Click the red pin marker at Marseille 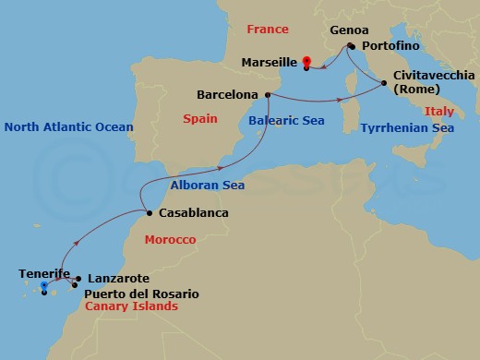[x=306, y=63]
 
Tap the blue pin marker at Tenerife [x=43, y=287]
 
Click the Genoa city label [x=344, y=30]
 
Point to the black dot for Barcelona [x=268, y=94]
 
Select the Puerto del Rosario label [x=141, y=294]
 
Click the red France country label [x=269, y=30]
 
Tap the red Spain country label [x=199, y=120]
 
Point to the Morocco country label [x=170, y=240]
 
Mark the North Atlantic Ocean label [x=67, y=127]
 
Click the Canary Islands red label [x=130, y=306]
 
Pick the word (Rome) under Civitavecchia [x=416, y=90]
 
